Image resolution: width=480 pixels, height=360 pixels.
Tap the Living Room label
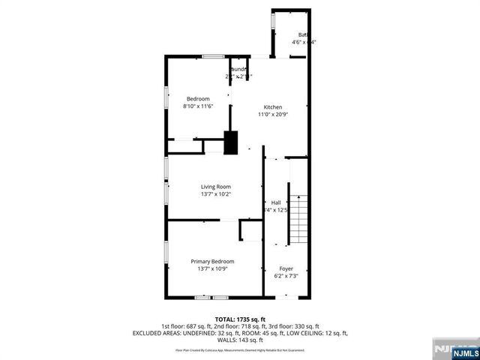click(x=215, y=187)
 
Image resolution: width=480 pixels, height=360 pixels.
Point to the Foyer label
click(x=286, y=268)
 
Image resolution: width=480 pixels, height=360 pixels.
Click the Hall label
click(x=275, y=202)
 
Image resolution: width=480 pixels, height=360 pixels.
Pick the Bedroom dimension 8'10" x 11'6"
click(x=199, y=106)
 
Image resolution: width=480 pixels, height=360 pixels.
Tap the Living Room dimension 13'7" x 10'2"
click(x=215, y=194)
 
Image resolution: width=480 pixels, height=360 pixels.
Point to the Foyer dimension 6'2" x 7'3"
click(x=286, y=276)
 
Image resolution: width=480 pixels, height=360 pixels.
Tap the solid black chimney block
click(x=232, y=142)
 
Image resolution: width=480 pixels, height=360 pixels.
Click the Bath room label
click(x=303, y=34)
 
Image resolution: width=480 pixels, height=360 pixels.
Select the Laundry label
click(x=238, y=69)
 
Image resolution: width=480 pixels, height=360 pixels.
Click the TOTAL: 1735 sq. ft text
click(x=240, y=319)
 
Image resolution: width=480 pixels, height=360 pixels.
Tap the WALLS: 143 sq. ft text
click(x=240, y=340)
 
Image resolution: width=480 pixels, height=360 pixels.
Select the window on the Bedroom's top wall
click(x=214, y=56)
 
